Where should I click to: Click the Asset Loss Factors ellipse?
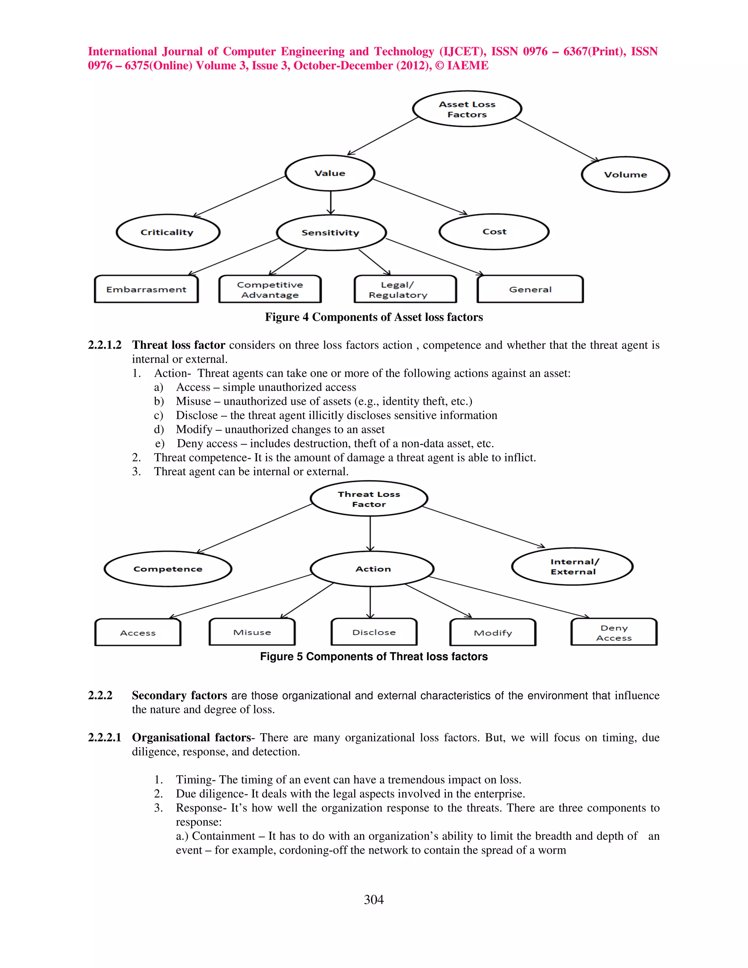[467, 109]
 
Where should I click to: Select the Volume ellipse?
[625, 175]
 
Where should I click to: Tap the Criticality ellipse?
[168, 232]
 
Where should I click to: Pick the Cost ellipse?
[494, 232]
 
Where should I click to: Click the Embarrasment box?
[146, 289]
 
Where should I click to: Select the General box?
[530, 289]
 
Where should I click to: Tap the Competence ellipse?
[168, 569]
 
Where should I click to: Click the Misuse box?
[252, 632]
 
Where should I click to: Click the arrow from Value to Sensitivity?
[331, 203]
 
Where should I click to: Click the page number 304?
[374, 899]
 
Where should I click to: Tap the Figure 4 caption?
[374, 317]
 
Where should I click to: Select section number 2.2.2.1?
[104, 738]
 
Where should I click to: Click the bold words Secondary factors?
[179, 695]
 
